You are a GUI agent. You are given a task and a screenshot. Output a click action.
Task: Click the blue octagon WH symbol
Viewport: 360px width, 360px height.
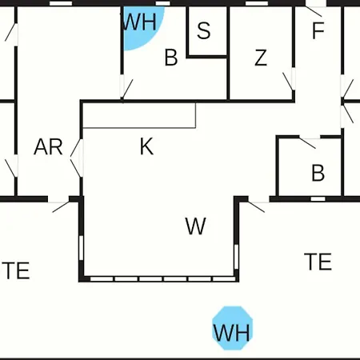pyautogui.click(x=232, y=328)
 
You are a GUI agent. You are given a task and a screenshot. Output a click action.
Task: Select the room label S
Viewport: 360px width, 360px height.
pyautogui.click(x=204, y=30)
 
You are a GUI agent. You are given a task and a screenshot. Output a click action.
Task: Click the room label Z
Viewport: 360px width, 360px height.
pyautogui.click(x=261, y=58)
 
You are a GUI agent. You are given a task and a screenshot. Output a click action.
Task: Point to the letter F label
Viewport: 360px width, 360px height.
pyautogui.click(x=318, y=30)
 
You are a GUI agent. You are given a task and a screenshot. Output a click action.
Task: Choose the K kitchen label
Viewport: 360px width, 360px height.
pyautogui.click(x=146, y=146)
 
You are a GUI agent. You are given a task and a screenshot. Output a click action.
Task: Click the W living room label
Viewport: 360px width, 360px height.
pyautogui.click(x=195, y=226)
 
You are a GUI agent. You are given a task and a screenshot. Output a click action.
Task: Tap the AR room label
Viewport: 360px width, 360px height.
pyautogui.click(x=48, y=146)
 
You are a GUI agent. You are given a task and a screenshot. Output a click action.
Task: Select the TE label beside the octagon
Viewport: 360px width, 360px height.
pyautogui.click(x=318, y=262)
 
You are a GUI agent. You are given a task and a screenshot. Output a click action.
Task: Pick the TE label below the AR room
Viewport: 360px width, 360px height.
pyautogui.click(x=16, y=270)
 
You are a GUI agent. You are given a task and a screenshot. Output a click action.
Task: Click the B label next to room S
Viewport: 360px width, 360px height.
pyautogui.click(x=171, y=58)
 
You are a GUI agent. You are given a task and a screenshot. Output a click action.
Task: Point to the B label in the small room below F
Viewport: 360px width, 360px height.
pyautogui.click(x=318, y=173)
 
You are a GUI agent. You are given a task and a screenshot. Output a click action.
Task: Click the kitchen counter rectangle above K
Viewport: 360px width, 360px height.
pyautogui.click(x=139, y=115)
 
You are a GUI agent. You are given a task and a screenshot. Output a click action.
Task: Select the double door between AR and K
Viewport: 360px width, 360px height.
pyautogui.click(x=77, y=158)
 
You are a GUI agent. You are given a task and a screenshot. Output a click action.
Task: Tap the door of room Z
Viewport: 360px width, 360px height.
pyautogui.click(x=290, y=79)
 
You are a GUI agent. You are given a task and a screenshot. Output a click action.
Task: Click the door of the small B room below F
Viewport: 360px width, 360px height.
pyautogui.click(x=310, y=142)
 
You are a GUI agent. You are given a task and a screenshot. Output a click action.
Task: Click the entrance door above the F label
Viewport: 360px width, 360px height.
pyautogui.click(x=315, y=9)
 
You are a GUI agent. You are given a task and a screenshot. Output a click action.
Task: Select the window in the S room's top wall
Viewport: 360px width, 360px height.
pyautogui.click(x=163, y=3)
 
